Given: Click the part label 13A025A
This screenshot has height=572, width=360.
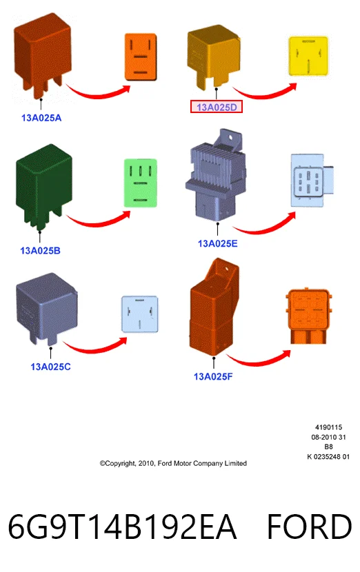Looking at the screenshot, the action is point(41,118).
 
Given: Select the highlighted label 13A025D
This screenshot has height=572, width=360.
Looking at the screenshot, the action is point(217,107).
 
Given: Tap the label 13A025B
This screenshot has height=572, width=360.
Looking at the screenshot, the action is point(40,251).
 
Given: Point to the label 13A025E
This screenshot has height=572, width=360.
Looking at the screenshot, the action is point(218,243).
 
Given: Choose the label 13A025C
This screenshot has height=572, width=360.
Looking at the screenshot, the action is point(51,367).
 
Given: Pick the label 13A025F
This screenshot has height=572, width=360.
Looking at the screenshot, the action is point(213,376).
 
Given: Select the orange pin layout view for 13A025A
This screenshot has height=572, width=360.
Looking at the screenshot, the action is point(141,57).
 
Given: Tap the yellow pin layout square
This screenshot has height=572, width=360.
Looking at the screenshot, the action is point(308,57).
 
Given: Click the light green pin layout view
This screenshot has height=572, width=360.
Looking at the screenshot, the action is point(141,183).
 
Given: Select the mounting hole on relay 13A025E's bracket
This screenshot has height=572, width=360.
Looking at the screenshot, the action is point(230,138).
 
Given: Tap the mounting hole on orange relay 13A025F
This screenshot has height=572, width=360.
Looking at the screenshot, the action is point(226,269).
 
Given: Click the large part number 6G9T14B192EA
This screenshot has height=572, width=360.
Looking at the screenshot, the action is point(122,527).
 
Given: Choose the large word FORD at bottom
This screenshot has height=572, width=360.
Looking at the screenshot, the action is point(310,527).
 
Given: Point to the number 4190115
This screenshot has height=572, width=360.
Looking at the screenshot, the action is point(328,427).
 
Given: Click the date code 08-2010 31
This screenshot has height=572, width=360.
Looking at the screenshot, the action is point(328,437).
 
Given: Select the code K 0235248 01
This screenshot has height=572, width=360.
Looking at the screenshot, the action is point(328,457).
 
